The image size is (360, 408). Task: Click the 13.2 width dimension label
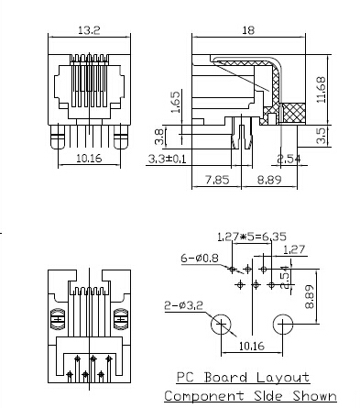89,30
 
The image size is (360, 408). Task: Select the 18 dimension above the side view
248,30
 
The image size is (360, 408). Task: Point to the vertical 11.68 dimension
321,90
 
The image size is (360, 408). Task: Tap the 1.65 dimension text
176,103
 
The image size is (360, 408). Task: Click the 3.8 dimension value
159,137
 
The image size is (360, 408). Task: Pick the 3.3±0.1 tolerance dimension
167,159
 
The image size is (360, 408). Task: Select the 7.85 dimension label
217,180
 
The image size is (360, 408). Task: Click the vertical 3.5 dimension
321,136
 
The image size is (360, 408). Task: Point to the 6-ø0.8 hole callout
200,259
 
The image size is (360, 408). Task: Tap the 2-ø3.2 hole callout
184,305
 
